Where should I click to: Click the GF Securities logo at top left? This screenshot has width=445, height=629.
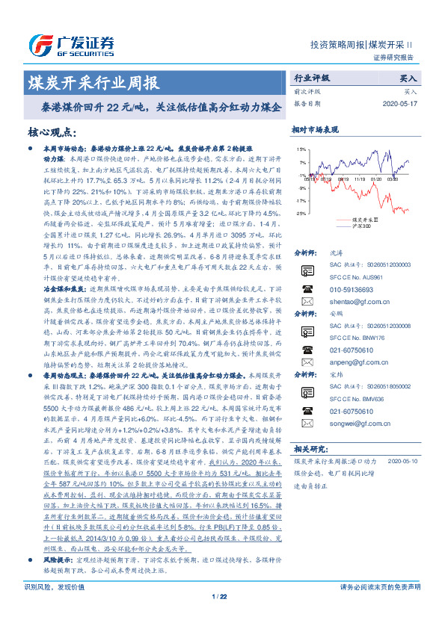pyautogui.click(x=72, y=43)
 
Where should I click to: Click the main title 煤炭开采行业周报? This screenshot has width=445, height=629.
pyautogui.click(x=93, y=81)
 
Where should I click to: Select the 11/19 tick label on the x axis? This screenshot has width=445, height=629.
pyautogui.click(x=363, y=179)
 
